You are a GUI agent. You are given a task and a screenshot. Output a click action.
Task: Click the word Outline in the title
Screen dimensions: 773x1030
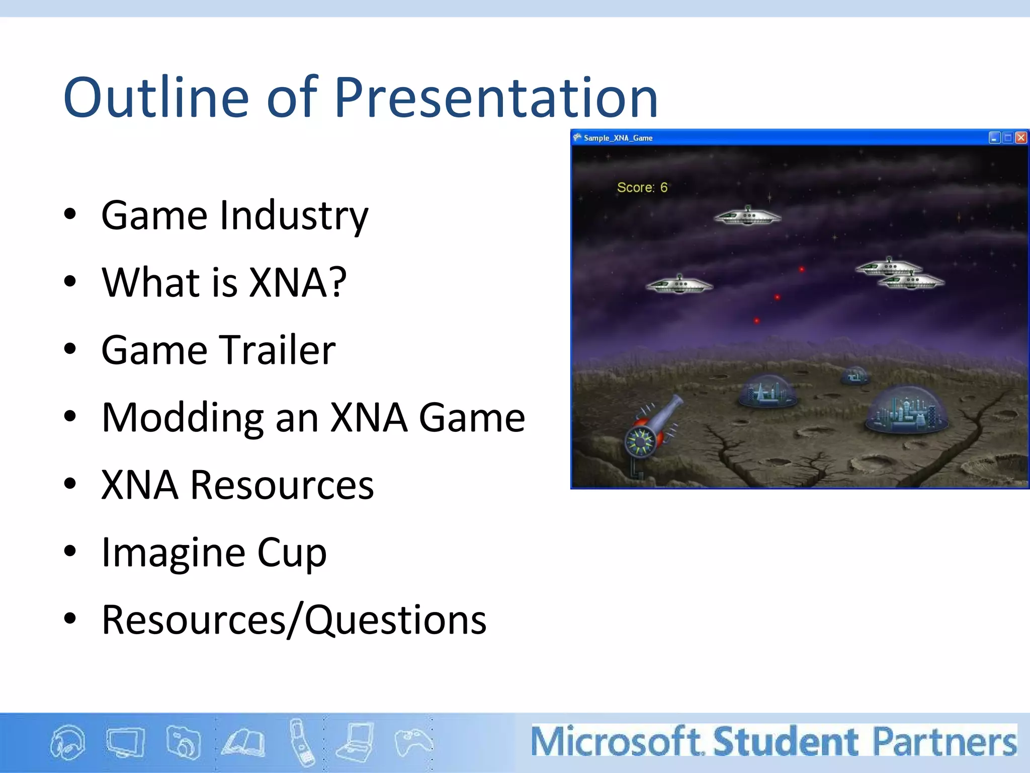pyautogui.click(x=156, y=98)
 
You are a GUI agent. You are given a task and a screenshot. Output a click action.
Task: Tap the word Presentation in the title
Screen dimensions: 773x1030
pyautogui.click(x=495, y=98)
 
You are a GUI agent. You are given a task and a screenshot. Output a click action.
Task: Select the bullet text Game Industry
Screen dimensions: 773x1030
pyautogui.click(x=234, y=216)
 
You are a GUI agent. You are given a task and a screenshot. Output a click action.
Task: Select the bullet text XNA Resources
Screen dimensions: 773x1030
pyautogui.click(x=237, y=485)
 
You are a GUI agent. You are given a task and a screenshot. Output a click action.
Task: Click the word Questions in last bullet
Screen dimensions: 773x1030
pyautogui.click(x=395, y=620)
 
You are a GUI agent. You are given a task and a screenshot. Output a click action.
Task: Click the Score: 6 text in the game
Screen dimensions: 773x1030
pyautogui.click(x=642, y=188)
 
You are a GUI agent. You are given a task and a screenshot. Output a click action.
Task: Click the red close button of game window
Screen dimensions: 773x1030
pyautogui.click(x=1021, y=138)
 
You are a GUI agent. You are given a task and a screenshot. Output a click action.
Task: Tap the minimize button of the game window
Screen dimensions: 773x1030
pyautogui.click(x=994, y=138)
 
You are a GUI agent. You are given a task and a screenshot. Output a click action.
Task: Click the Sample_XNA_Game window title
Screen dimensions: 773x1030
pyautogui.click(x=618, y=138)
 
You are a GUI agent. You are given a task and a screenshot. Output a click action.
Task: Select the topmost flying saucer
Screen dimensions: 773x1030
pyautogui.click(x=747, y=216)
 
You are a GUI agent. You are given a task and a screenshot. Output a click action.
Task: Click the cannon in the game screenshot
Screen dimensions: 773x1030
pyautogui.click(x=651, y=428)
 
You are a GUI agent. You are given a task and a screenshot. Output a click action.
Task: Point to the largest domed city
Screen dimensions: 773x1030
pyautogui.click(x=906, y=410)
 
